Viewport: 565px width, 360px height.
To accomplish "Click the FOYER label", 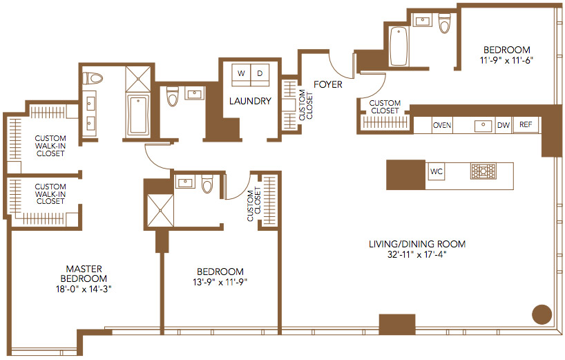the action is pos(328,84).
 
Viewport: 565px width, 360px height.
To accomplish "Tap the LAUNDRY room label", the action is pos(250,101).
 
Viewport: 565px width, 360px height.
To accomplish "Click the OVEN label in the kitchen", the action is pos(442,125).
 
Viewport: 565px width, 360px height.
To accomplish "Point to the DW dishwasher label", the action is pos(504,125).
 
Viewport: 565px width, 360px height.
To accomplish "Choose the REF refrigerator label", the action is pos(526,124).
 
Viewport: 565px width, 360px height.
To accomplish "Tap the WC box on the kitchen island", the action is pos(436,171).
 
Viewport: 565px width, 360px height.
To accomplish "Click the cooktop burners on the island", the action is pos(483,171).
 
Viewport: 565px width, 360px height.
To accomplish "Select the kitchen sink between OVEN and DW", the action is pos(483,126).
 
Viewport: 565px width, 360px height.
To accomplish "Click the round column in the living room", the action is pos(542,314).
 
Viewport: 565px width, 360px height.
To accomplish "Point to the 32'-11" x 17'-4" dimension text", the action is pos(417,254).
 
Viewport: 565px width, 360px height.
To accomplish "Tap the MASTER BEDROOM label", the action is pos(84,274).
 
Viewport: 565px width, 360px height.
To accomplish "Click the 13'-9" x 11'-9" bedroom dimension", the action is pos(220,282).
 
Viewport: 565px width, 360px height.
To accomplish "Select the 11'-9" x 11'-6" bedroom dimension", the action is pos(506,60).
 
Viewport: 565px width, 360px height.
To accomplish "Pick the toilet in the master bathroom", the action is pos(93,78).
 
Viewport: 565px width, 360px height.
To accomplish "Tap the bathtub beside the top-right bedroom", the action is pos(399,46).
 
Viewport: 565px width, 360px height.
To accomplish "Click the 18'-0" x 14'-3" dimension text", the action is pos(84,289).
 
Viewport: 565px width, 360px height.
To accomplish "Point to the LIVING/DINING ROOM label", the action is pos(417,244).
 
